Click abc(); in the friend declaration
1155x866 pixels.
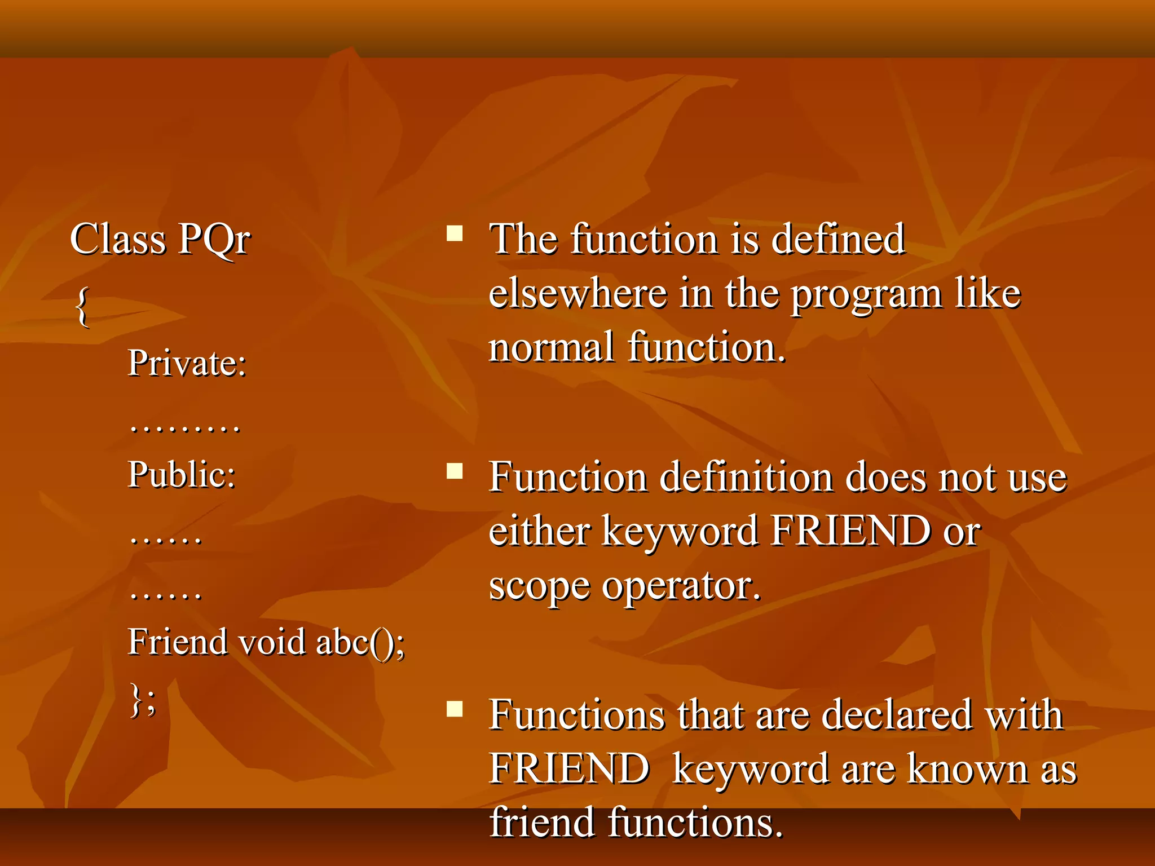pyautogui.click(x=360, y=643)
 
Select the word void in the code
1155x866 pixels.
pyautogui.click(x=272, y=642)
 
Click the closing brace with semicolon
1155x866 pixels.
pyautogui.click(x=143, y=699)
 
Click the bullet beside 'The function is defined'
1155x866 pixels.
pyautogui.click(x=455, y=233)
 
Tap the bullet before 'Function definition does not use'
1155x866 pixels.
pyautogui.click(x=455, y=471)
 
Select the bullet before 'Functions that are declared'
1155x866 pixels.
pyautogui.click(x=455, y=709)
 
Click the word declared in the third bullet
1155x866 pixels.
pyautogui.click(x=897, y=714)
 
